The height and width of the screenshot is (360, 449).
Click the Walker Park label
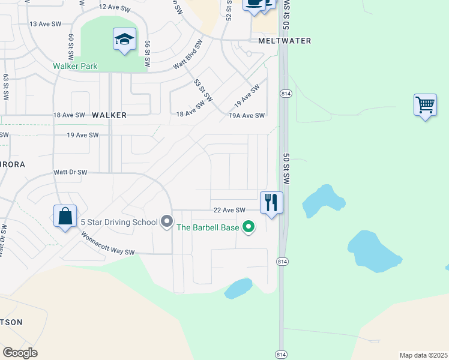point(75,66)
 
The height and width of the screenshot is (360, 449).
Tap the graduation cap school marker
point(124,40)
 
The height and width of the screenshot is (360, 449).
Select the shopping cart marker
point(425,105)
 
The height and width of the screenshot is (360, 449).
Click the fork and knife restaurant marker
point(271,202)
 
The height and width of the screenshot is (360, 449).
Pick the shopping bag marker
point(65,217)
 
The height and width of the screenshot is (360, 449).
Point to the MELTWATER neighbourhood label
point(285,41)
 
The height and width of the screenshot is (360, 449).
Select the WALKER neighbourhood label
point(109,115)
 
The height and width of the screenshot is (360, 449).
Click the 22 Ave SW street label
point(230,210)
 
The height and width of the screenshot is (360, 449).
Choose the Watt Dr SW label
point(70,172)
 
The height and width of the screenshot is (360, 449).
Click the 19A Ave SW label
point(247,115)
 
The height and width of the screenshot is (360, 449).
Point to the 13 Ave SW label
point(46,23)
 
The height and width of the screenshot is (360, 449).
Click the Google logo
point(20,353)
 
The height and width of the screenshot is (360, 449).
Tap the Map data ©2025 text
point(423,355)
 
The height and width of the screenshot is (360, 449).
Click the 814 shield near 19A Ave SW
point(285,94)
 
